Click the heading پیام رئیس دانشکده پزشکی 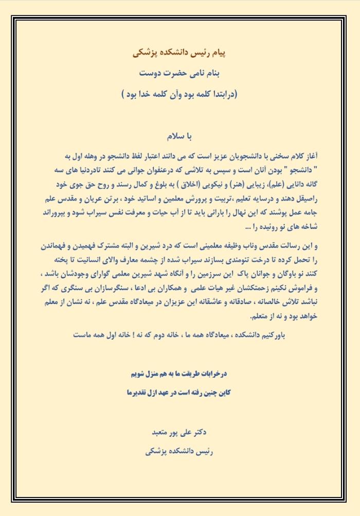point(179,53)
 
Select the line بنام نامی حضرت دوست point(179,73)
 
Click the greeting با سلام point(179,137)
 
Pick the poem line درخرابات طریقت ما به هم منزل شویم point(179,372)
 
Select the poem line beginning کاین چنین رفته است point(179,392)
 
